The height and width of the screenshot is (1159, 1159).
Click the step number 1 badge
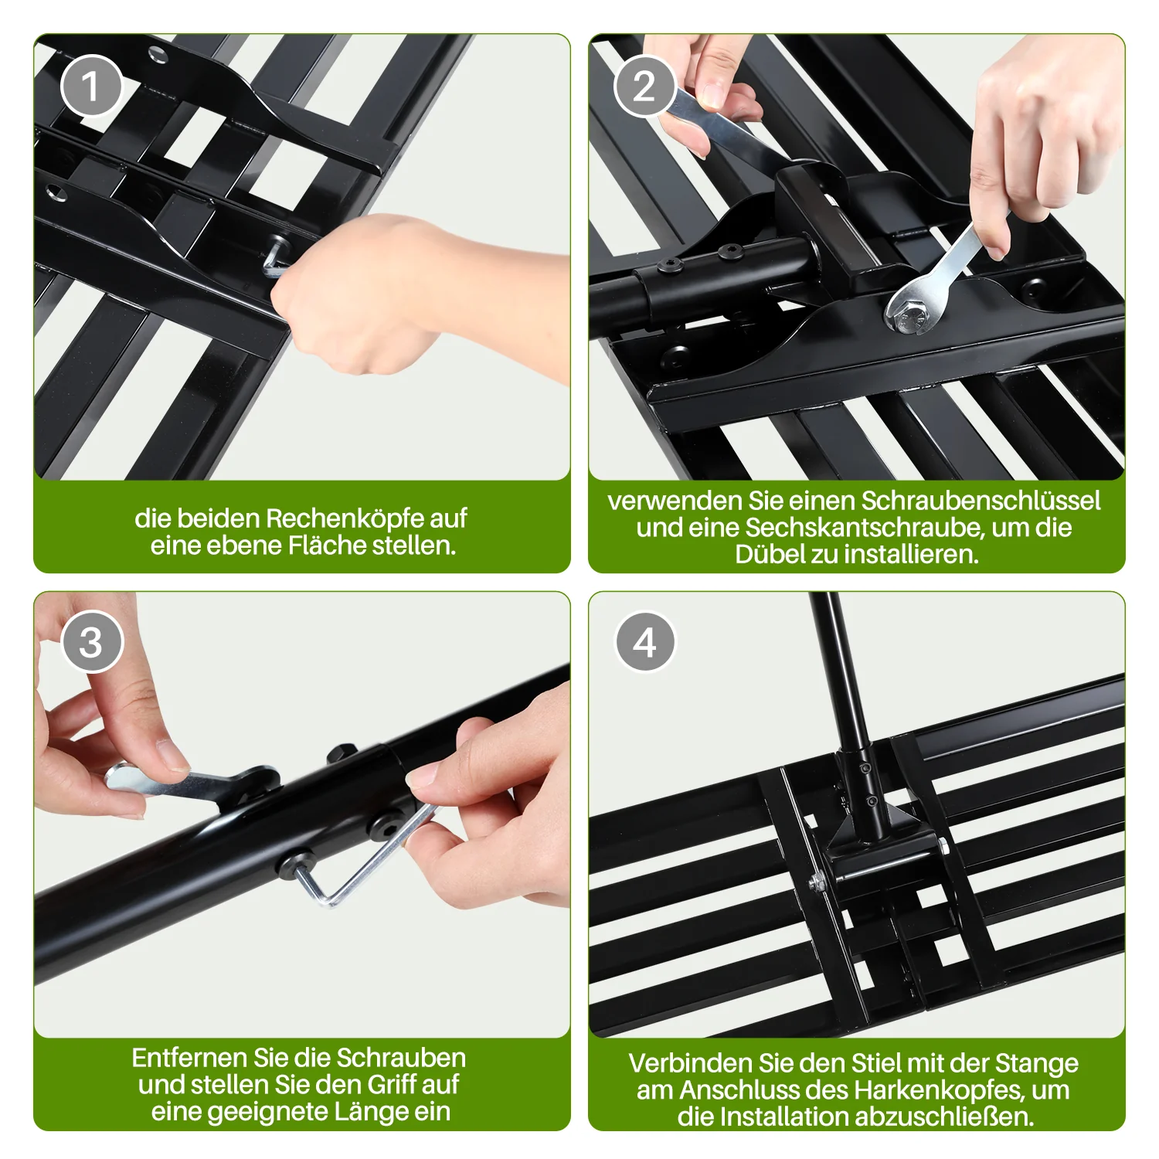[x=91, y=86]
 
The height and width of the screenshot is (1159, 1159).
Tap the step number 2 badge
[x=645, y=86]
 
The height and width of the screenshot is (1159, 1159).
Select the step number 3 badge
[x=91, y=641]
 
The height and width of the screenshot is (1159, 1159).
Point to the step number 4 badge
[x=645, y=641]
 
